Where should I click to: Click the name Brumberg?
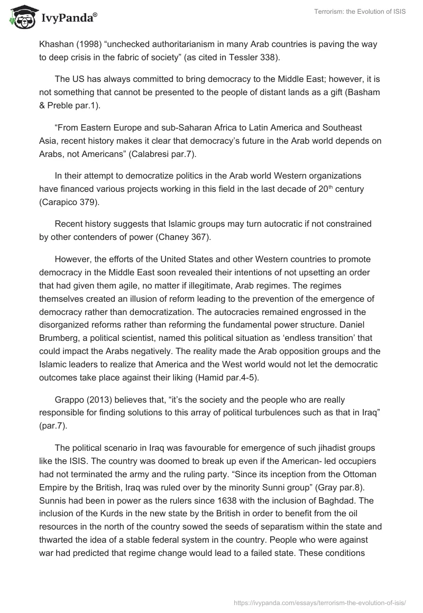(x=61, y=337)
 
